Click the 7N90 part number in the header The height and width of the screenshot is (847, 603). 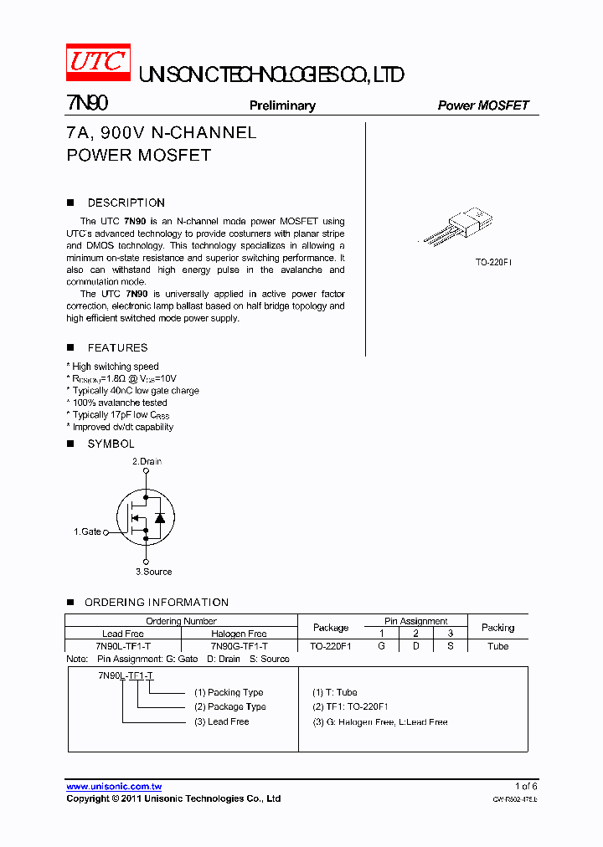point(87,104)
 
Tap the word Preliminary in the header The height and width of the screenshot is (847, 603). point(282,105)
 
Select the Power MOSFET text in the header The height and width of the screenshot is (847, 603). point(483,105)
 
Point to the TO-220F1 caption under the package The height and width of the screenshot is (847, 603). point(493,262)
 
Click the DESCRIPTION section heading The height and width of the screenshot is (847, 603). point(126,203)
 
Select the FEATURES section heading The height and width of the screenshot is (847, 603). point(117,347)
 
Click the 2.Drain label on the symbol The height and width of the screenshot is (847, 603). point(147,461)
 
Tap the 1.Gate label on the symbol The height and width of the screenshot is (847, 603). point(87,531)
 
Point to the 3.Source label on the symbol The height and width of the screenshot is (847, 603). point(153,572)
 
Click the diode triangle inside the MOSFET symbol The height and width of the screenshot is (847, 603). point(159,518)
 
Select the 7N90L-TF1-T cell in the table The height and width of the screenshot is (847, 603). point(123,646)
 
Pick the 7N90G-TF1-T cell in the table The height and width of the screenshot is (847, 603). point(240,646)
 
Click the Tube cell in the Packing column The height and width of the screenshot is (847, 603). point(497,646)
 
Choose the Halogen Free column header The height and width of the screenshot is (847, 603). point(240,634)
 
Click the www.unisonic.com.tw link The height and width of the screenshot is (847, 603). point(114,787)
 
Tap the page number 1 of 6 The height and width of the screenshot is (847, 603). point(526,786)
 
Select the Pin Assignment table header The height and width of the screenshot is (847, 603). point(416,621)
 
